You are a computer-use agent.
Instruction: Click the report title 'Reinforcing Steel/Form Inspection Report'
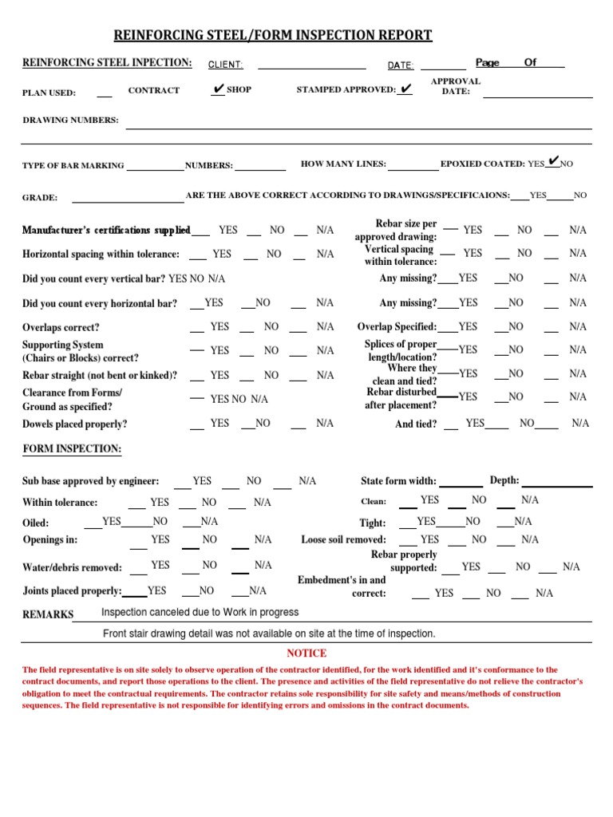coord(275,35)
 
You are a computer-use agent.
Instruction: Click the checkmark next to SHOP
coord(218,90)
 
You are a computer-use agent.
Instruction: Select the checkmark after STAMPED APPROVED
coord(406,89)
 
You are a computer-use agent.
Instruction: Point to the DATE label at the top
coord(401,65)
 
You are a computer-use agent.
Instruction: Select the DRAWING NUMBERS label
coord(70,120)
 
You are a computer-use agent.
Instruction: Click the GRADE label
coord(40,197)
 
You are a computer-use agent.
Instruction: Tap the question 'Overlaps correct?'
coord(61,328)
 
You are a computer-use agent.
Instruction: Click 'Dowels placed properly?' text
coord(75,424)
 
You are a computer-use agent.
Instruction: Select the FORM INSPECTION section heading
coord(72,449)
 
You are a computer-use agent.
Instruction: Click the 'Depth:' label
coord(504,480)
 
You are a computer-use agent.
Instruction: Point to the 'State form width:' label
coord(398,481)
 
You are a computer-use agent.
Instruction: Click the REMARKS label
coord(48,614)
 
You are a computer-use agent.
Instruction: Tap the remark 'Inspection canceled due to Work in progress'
coord(200,612)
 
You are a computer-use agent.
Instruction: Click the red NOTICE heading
coord(306,653)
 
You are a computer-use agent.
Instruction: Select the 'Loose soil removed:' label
coord(343,540)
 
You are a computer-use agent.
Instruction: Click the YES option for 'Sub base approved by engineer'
coord(202,481)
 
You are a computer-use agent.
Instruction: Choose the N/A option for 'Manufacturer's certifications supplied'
coord(325,230)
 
